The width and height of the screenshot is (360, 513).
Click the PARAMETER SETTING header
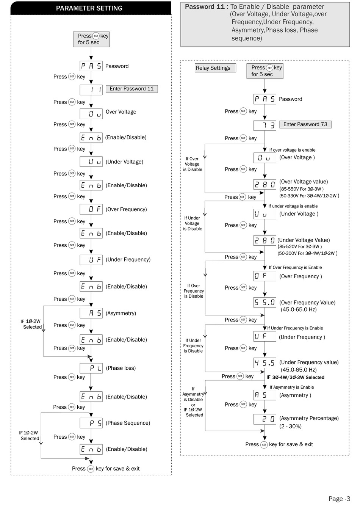pos(89,8)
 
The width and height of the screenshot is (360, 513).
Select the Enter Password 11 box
pos(131,89)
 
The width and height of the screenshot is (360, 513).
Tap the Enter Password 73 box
pos(305,124)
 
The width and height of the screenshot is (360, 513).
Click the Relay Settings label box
pos(213,68)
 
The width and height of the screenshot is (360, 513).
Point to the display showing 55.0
pos(265,302)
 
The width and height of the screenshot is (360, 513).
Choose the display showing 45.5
pos(265,363)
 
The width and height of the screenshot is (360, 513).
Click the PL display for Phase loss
pos(91,368)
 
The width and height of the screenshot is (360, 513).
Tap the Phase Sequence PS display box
pos(91,423)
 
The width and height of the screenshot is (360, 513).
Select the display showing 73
pos(265,125)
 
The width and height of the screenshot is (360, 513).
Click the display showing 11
pos(91,90)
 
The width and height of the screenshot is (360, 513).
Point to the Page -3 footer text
pos(339,499)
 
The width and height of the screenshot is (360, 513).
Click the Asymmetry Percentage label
pos(309,418)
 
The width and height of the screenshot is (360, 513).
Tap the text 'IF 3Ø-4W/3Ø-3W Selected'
pos(295,377)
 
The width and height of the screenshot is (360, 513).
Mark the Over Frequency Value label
pos(307,303)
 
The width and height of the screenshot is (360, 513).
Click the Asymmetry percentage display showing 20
pos(265,419)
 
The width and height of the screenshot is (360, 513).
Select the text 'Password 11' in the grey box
pos(205,6)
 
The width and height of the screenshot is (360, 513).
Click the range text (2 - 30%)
pos(290,426)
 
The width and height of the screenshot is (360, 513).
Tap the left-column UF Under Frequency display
pos(91,260)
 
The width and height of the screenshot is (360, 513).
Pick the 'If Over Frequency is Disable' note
pos(194,291)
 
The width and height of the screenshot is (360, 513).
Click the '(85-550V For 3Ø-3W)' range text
pos(301,189)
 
